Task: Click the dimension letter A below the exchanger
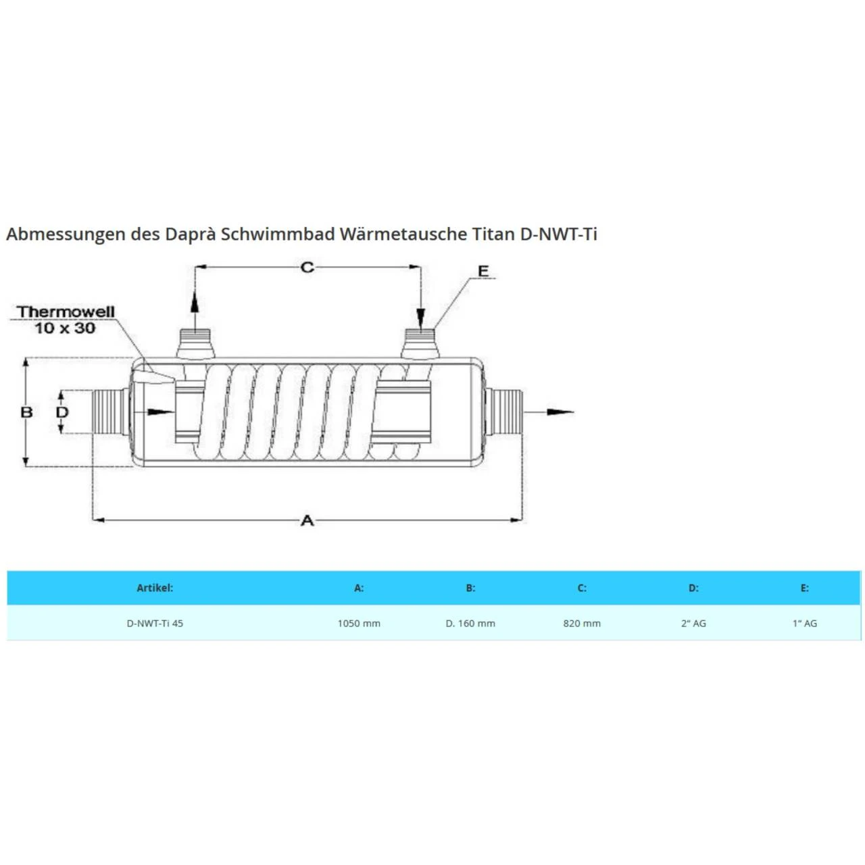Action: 307,520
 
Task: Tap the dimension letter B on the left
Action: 27,412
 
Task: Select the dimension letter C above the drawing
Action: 307,268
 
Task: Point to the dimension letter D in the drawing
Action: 62,412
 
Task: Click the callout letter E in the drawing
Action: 483,271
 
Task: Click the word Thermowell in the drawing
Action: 66,312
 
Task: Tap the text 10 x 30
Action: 65,328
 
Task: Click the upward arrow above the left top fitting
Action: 195,301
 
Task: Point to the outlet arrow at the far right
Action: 558,412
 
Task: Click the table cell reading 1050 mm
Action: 359,623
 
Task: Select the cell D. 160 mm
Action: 470,623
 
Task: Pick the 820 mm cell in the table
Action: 582,623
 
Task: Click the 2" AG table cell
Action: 693,623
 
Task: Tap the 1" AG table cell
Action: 805,623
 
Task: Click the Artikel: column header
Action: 155,588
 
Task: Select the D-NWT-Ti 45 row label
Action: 155,623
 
